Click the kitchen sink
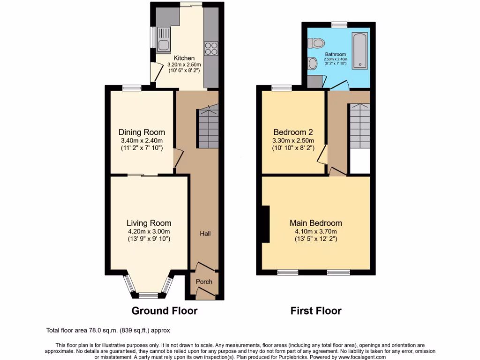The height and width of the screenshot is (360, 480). [x=164, y=40]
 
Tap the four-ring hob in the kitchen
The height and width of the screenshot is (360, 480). [x=210, y=48]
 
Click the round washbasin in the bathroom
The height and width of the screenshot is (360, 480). [x=313, y=62]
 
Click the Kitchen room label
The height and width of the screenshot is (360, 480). [x=184, y=58]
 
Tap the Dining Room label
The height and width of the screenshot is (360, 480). [x=142, y=132]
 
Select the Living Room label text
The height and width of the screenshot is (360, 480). [x=149, y=223]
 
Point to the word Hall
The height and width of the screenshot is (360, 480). [x=205, y=233]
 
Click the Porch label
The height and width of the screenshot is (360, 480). [x=204, y=282]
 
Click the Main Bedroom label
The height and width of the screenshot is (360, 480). [x=315, y=223]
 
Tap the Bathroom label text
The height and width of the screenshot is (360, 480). [x=336, y=54]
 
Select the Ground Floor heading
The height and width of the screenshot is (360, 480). [x=164, y=311]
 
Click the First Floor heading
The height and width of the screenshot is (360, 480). [x=316, y=311]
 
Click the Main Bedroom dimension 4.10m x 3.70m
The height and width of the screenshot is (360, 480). [x=315, y=231]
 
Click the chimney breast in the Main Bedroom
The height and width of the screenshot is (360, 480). [x=265, y=224]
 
